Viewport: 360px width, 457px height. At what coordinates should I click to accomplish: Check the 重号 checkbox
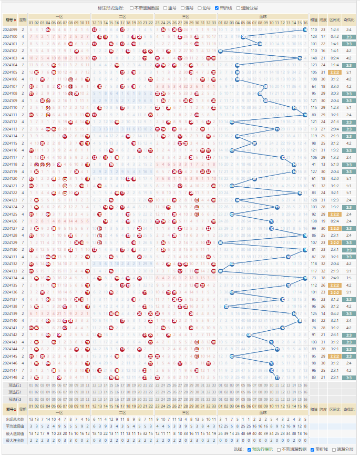click(x=166, y=8)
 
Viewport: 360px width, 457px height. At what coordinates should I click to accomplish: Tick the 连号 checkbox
click(x=182, y=8)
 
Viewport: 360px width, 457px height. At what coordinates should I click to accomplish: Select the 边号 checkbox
click(x=199, y=8)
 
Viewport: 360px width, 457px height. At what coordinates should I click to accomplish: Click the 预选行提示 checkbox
click(x=249, y=450)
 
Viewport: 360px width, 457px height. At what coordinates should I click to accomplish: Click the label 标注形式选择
click(x=111, y=8)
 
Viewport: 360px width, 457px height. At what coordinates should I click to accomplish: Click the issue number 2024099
click(x=10, y=29)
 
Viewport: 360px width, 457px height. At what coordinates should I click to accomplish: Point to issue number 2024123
click(x=10, y=200)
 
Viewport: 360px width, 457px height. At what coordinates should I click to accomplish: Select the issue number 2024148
click(x=10, y=377)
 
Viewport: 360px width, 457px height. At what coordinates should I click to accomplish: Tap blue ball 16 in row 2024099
click(x=305, y=29)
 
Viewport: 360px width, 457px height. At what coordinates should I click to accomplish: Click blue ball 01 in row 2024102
click(x=220, y=50)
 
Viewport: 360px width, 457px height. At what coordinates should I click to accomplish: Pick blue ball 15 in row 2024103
click(x=300, y=58)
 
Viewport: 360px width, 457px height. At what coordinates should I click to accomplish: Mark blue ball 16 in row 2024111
click(x=305, y=115)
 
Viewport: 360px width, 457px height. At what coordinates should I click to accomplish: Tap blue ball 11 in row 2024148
click(x=277, y=377)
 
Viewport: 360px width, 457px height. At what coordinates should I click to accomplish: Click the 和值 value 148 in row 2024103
click(x=314, y=58)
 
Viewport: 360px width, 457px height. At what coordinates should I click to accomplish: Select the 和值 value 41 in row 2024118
click(x=314, y=164)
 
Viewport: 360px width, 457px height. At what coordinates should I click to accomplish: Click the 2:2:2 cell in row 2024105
click(x=334, y=72)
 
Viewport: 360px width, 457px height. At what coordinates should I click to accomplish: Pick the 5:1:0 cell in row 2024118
click(x=334, y=164)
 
